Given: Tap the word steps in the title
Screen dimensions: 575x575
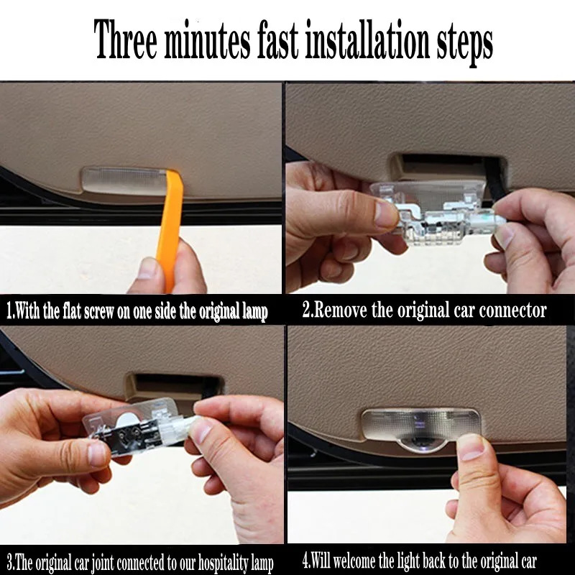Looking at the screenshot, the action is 464,44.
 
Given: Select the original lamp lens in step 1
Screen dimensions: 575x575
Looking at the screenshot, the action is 124,180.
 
